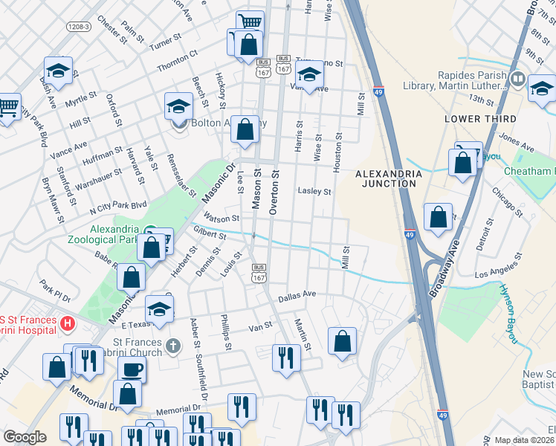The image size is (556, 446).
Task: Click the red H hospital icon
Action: point(68,323)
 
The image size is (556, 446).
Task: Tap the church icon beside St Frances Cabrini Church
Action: point(173,346)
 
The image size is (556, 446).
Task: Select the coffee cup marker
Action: point(132,369)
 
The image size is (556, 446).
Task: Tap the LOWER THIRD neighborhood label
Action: point(474,119)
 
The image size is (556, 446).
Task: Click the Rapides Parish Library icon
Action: point(518,77)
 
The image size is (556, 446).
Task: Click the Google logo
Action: point(25,437)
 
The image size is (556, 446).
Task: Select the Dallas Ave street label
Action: point(297,296)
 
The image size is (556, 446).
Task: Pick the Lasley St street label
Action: point(314,191)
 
